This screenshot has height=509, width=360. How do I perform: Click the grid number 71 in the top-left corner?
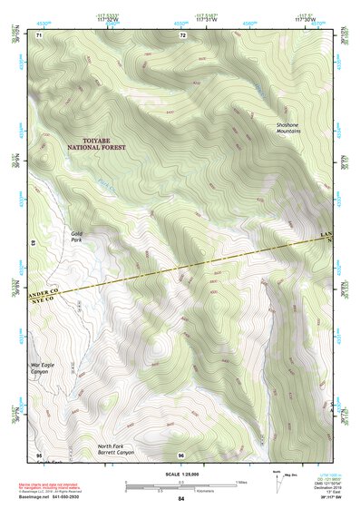[x=40, y=34]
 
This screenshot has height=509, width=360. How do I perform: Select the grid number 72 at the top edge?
[x=182, y=34]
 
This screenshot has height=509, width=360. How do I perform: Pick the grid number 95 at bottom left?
[x=38, y=454]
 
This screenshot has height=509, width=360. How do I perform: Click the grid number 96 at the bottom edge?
[x=181, y=454]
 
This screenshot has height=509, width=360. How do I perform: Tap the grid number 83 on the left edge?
[x=34, y=244]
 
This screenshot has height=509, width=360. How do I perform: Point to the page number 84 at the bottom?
[x=181, y=499]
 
